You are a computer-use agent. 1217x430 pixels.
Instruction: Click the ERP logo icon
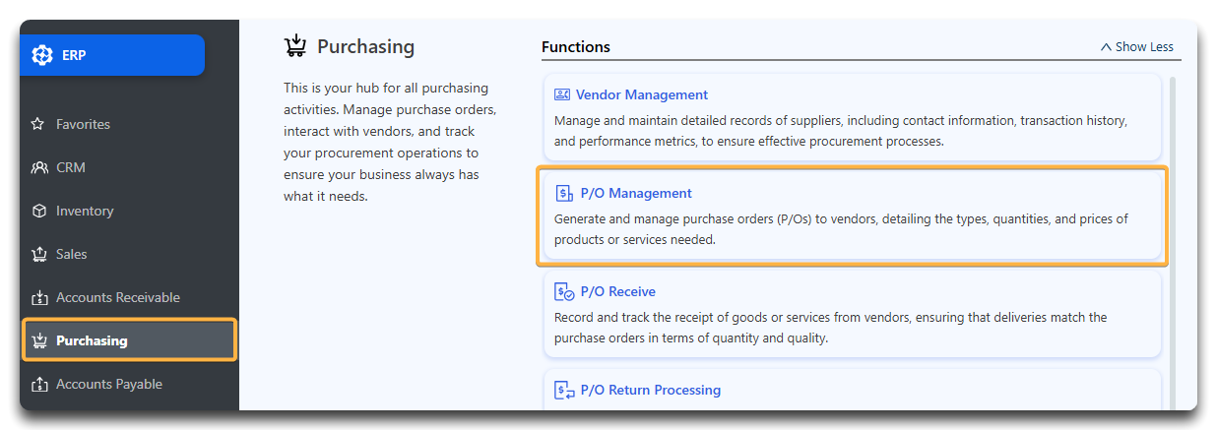pos(42,55)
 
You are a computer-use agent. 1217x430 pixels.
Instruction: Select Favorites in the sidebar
pos(83,124)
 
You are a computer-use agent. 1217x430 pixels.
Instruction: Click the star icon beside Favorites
pos(38,124)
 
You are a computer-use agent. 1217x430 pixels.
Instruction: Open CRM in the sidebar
pos(71,167)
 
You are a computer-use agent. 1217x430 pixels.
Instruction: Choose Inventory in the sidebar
pos(85,211)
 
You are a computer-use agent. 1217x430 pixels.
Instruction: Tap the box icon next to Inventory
pos(39,211)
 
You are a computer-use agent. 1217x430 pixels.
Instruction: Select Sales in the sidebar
pos(71,254)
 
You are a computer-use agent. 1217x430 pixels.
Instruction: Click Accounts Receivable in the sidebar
pos(118,297)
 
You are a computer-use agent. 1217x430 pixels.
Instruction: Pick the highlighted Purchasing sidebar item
pos(129,340)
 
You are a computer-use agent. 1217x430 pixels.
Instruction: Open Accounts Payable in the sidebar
pos(109,384)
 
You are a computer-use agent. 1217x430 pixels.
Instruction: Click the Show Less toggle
pos(1136,46)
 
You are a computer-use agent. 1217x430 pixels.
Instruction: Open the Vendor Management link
pos(642,94)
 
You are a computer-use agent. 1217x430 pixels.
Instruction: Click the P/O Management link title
pos(636,193)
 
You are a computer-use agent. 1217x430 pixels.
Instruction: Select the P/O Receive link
pos(618,291)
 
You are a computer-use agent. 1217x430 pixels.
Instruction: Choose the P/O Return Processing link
pos(651,390)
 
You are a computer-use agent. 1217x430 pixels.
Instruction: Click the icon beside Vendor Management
pos(562,94)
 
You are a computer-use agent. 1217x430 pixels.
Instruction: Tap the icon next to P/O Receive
pos(564,291)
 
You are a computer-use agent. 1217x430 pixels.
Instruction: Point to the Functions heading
pos(576,46)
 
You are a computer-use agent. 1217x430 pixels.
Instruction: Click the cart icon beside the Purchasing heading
pos(295,45)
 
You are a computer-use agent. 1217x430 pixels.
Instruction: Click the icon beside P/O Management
pos(564,193)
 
